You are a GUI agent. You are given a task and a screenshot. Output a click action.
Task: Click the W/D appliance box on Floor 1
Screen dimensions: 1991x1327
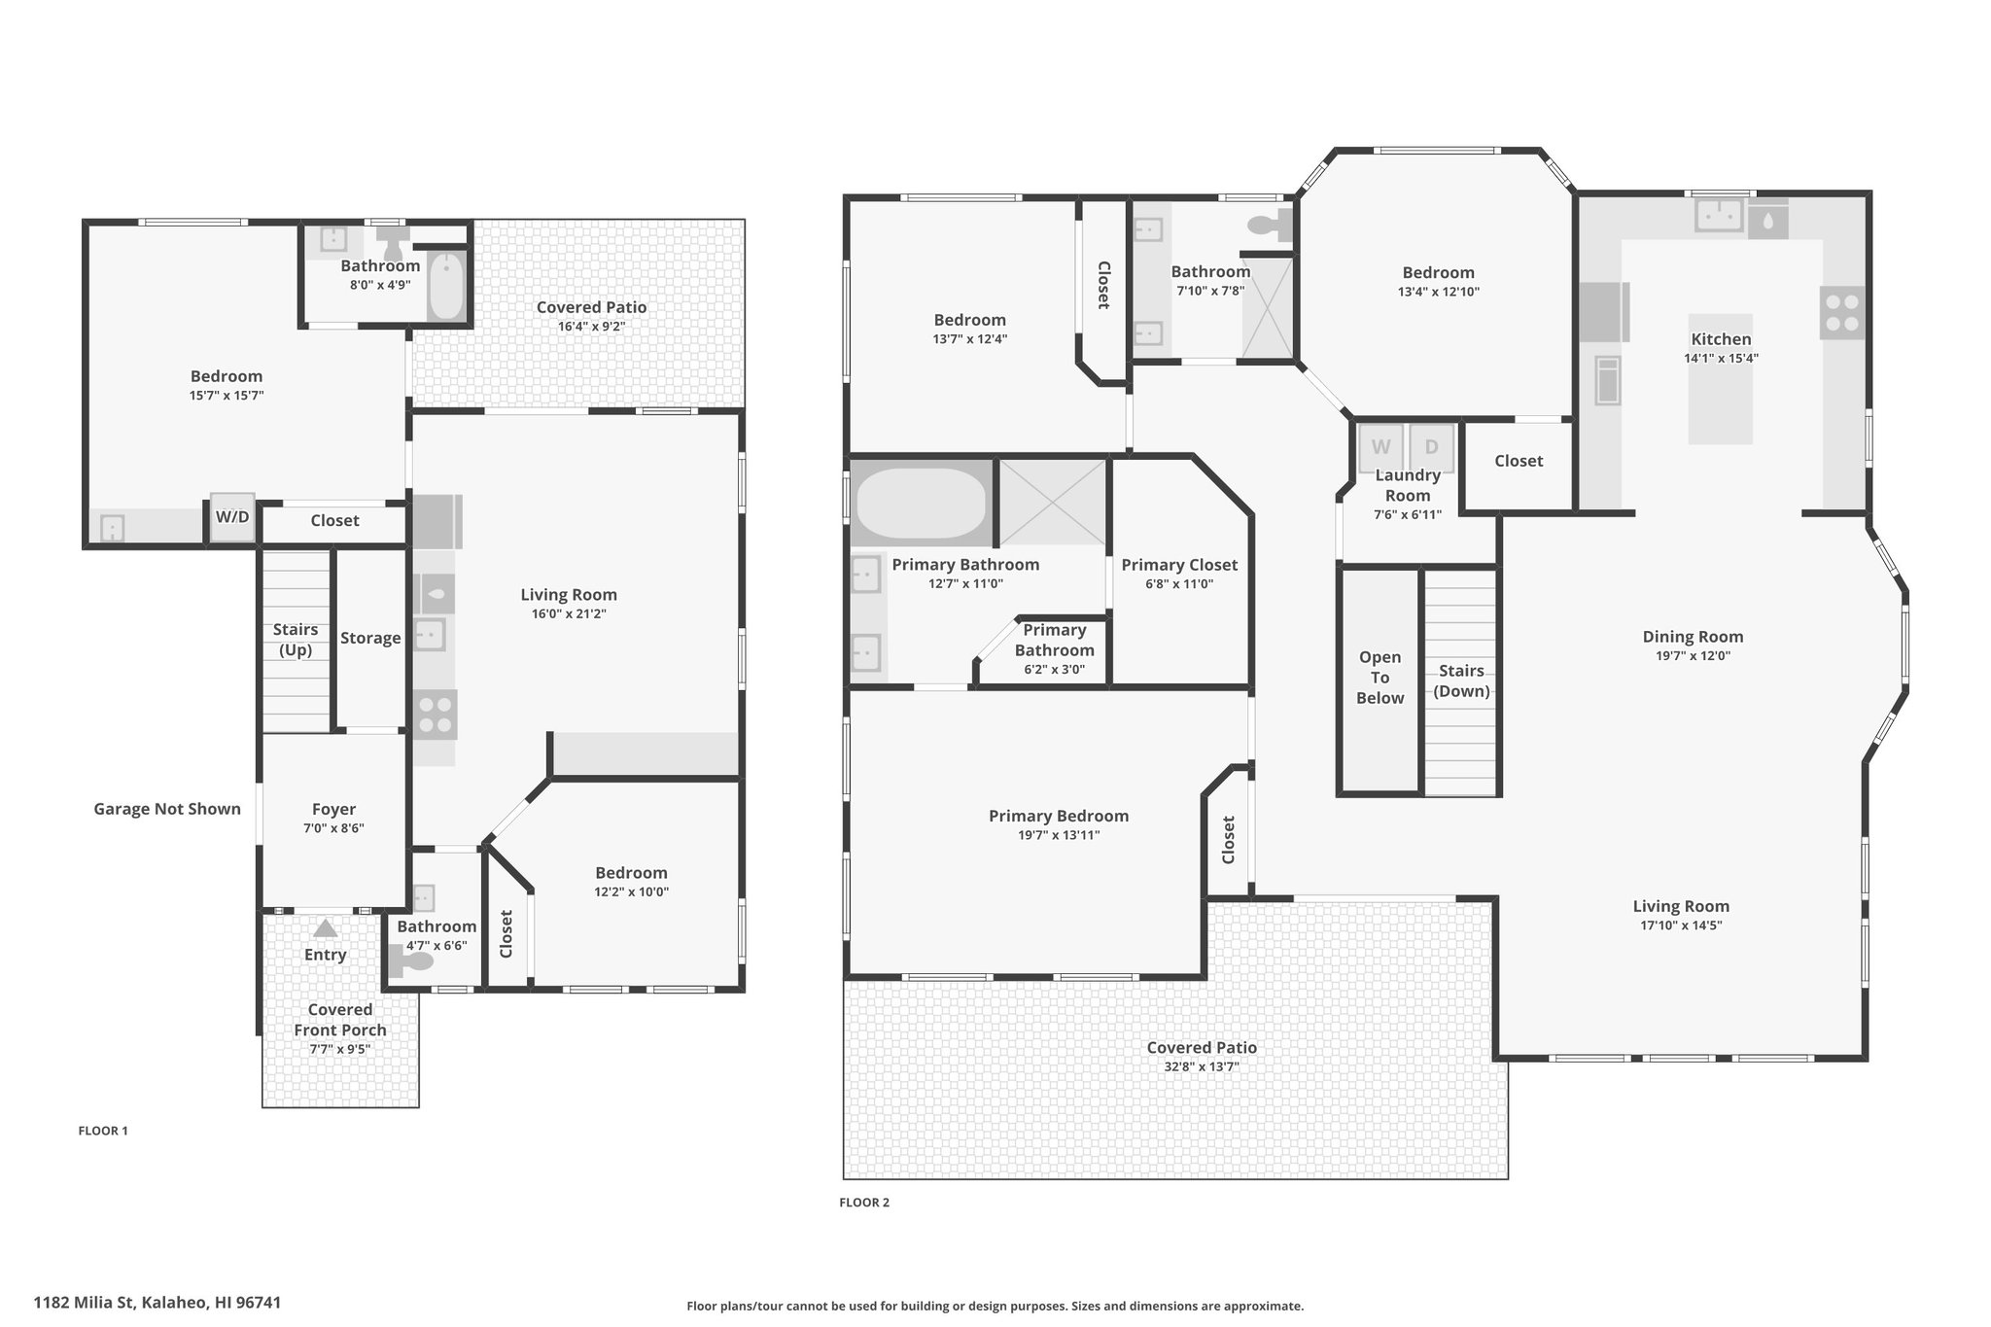(232, 517)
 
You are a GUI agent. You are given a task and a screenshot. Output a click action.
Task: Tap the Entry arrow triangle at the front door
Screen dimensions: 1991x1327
(325, 928)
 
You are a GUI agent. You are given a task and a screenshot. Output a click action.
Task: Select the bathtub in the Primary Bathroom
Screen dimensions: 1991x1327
(921, 504)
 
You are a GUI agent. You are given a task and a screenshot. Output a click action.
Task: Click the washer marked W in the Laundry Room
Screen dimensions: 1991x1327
(1380, 447)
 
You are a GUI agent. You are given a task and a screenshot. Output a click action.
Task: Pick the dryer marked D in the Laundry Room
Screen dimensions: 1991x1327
(1431, 447)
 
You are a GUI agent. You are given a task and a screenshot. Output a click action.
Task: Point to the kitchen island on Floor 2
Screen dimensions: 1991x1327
(1721, 379)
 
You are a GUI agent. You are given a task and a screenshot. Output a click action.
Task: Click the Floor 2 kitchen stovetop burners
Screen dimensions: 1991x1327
(1842, 312)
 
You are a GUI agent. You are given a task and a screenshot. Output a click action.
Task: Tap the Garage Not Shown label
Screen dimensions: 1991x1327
(167, 809)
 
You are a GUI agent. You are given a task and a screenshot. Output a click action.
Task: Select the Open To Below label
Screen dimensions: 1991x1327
(1380, 678)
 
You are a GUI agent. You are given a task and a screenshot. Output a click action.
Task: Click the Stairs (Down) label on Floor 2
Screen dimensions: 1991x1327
(1462, 681)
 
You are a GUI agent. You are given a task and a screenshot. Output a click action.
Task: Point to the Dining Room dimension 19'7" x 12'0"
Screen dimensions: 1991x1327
(1693, 656)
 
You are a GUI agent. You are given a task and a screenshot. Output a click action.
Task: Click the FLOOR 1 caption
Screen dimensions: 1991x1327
(103, 1131)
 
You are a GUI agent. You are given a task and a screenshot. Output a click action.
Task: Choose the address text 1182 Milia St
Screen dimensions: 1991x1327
(86, 1303)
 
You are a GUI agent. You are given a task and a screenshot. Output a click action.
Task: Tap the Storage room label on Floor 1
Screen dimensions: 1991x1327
(370, 638)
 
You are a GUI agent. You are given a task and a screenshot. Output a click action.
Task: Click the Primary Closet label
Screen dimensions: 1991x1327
(1179, 565)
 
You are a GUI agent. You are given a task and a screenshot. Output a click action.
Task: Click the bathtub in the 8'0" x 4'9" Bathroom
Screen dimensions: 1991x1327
(447, 286)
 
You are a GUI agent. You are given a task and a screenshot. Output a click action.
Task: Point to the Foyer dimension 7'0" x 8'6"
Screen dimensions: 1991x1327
(333, 828)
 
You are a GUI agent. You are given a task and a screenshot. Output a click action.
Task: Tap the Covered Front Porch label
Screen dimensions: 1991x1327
(340, 1020)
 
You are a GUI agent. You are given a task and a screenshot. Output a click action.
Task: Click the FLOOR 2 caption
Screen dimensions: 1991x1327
(864, 1203)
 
